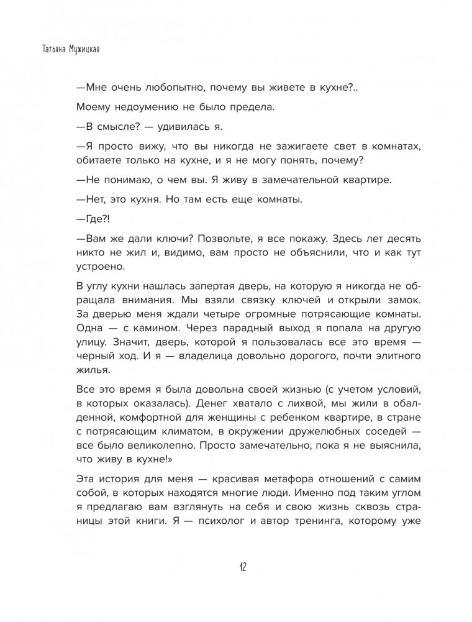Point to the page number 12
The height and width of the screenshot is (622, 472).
242,567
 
